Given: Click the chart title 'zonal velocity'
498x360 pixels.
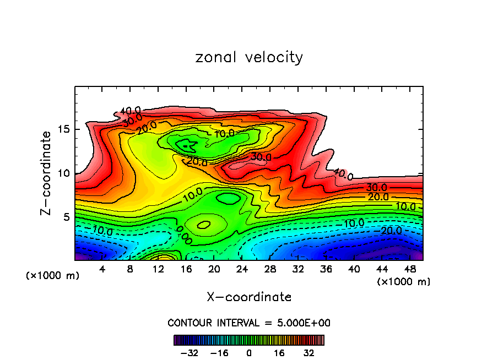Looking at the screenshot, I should [x=249, y=57].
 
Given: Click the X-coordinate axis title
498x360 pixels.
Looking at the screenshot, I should [x=249, y=297].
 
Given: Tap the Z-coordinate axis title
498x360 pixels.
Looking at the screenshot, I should [x=47, y=173].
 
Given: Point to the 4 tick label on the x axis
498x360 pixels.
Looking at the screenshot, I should [x=102, y=269].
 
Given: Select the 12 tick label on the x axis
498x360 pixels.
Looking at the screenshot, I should [x=159, y=269].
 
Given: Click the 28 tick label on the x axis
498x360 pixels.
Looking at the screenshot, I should [x=270, y=269].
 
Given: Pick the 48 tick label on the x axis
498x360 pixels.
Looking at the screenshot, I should [x=409, y=269].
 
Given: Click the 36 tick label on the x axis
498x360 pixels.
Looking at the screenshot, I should [x=326, y=269].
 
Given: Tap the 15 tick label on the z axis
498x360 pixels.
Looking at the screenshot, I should [x=64, y=130].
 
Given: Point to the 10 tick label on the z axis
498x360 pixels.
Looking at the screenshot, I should [x=64, y=173].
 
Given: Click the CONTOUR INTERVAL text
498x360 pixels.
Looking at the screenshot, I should [x=249, y=323].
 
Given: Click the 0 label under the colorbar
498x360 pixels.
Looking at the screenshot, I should [x=249, y=352].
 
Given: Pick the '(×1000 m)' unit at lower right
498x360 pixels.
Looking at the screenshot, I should [x=403, y=281].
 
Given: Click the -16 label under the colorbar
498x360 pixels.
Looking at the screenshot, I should [x=219, y=352].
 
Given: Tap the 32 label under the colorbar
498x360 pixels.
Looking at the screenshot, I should [x=309, y=352].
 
